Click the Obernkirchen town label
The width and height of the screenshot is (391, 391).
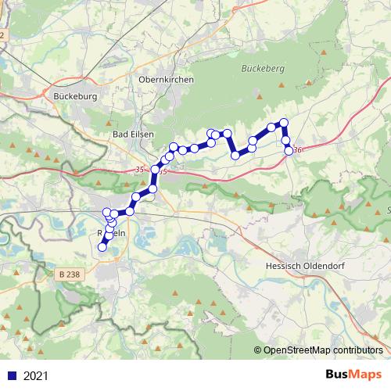pyautogui.click(x=165, y=80)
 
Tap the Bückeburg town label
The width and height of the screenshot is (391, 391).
pyautogui.click(x=75, y=97)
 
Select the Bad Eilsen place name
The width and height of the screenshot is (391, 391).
pyautogui.click(x=131, y=135)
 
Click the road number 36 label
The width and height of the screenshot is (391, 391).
pyautogui.click(x=298, y=150)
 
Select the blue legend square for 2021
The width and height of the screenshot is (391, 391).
pyautogui.click(x=12, y=376)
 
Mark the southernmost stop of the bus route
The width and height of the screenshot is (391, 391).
pyautogui.click(x=102, y=247)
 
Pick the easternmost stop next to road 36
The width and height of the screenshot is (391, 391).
pyautogui.click(x=289, y=150)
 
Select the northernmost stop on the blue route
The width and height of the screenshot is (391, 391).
pyautogui.click(x=284, y=122)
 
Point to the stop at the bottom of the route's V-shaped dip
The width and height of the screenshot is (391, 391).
pyautogui.click(x=235, y=156)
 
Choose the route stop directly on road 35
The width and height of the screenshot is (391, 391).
pyautogui.click(x=156, y=170)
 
